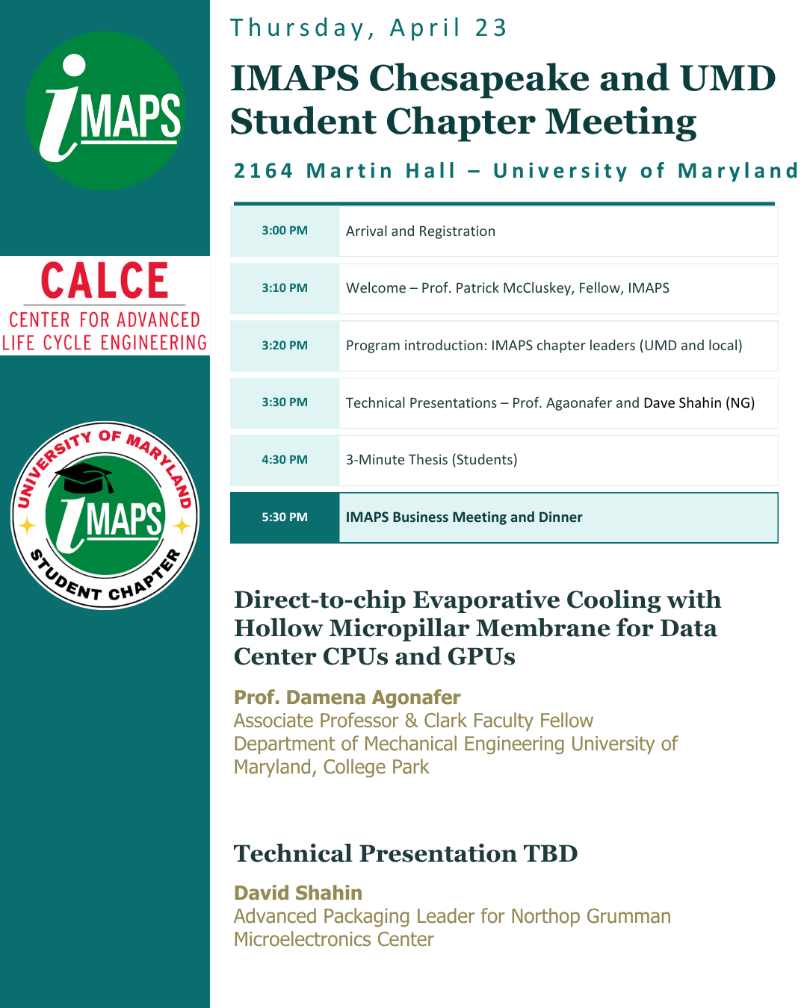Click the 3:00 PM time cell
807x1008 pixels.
(x=285, y=231)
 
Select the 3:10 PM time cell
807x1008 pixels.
(x=285, y=288)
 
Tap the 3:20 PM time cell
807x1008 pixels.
(x=285, y=346)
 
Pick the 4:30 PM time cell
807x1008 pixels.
(x=285, y=460)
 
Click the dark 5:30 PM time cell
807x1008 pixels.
(x=285, y=517)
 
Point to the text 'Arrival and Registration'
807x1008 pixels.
(x=420, y=231)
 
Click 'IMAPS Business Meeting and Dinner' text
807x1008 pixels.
(x=463, y=517)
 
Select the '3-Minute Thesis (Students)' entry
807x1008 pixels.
(x=431, y=460)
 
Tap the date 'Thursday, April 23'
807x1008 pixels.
(x=368, y=28)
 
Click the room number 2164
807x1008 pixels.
(x=263, y=171)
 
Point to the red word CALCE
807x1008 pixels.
(x=105, y=281)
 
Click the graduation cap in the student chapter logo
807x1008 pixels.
(x=87, y=477)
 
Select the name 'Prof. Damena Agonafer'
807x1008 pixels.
(x=347, y=697)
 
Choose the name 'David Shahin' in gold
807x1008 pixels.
(x=297, y=893)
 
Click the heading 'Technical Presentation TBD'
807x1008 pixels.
(x=406, y=853)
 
